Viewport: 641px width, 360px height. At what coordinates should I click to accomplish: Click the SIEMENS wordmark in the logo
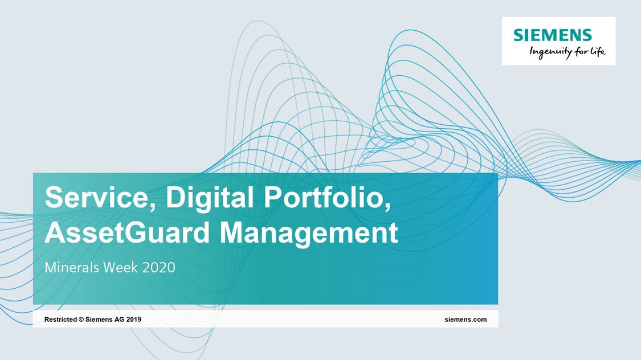click(552, 35)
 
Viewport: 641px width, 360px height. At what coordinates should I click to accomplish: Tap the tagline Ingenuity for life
click(567, 52)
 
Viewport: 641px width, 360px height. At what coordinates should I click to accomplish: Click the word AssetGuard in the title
click(127, 232)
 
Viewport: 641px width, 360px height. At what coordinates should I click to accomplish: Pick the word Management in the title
click(309, 234)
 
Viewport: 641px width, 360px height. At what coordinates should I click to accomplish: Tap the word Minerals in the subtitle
click(72, 268)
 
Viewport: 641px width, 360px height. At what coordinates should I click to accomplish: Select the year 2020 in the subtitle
click(158, 268)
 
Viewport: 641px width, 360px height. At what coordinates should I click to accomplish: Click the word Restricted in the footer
click(60, 320)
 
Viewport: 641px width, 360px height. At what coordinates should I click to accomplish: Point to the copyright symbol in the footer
click(81, 320)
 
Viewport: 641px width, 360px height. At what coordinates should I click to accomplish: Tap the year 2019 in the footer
click(134, 320)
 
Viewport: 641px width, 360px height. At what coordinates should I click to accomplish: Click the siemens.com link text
click(466, 320)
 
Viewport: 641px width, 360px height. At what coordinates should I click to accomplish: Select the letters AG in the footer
click(120, 320)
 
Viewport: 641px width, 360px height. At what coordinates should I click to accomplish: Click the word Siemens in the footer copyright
click(99, 320)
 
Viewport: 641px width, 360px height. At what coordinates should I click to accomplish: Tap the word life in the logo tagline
click(597, 51)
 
